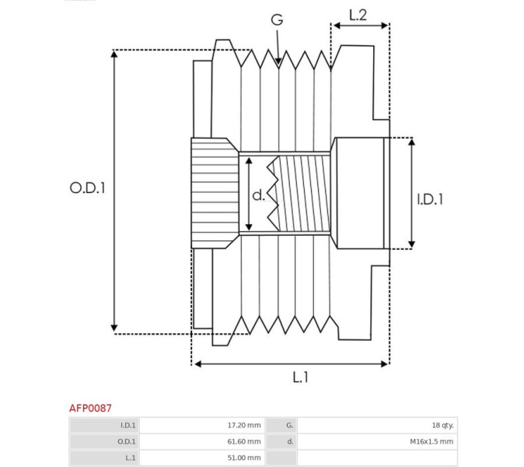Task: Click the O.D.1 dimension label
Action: coord(87,188)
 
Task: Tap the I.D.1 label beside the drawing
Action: coord(430,199)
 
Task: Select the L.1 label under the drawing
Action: coord(300,377)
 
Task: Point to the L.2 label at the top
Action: coord(358,15)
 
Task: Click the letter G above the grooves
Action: coord(277,19)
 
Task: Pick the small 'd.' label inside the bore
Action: coord(258,195)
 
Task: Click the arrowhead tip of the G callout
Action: coord(278,65)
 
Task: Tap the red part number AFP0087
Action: coord(90,408)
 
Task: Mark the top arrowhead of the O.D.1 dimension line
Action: coord(114,51)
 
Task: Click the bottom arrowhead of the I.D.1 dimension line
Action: coord(412,248)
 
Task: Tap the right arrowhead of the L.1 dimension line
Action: coord(388,364)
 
